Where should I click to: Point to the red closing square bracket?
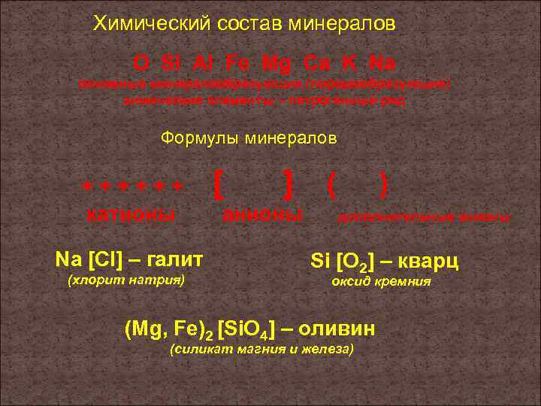tap(289, 183)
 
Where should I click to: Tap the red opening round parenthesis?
tap(331, 183)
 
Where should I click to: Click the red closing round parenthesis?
tap(384, 183)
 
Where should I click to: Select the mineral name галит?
tap(175, 260)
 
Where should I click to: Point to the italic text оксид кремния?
tap(381, 282)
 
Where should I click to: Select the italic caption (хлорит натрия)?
tap(126, 281)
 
